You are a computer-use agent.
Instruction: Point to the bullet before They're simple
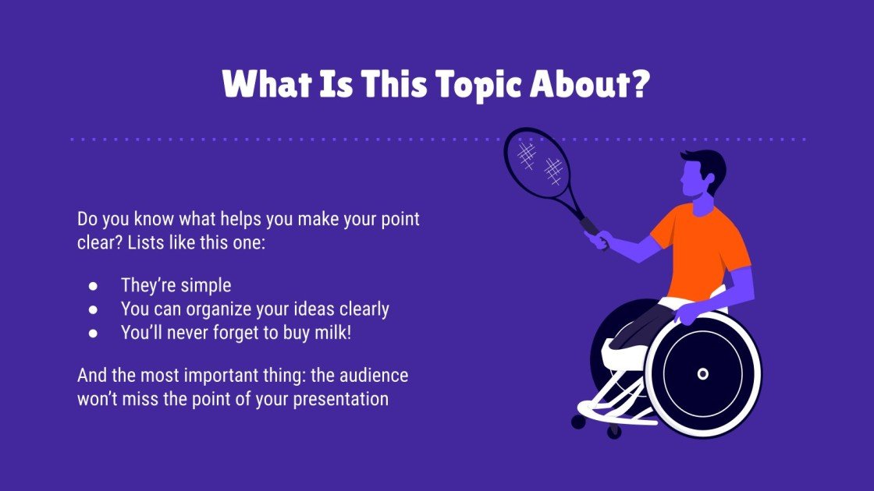pos(93,286)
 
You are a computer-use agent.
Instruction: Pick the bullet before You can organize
pos(93,309)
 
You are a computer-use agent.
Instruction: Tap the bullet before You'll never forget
pos(93,333)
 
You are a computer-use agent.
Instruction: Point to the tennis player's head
pos(697,175)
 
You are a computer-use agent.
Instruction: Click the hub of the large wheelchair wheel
pos(702,373)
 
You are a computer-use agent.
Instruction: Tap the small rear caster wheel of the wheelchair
pos(578,422)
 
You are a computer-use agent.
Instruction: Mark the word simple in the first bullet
pos(207,285)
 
